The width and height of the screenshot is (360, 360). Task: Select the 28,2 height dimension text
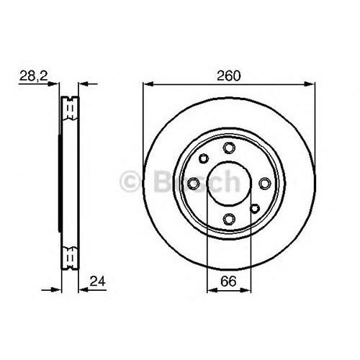[30, 74]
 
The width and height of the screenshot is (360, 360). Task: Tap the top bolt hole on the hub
[229, 148]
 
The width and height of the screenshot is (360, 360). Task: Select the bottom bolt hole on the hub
[229, 218]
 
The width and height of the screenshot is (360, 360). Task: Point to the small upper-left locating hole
[204, 158]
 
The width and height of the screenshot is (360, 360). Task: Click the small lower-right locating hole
[254, 209]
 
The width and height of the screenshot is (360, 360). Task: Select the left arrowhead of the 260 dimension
[147, 84]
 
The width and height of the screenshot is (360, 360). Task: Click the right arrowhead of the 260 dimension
[312, 84]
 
